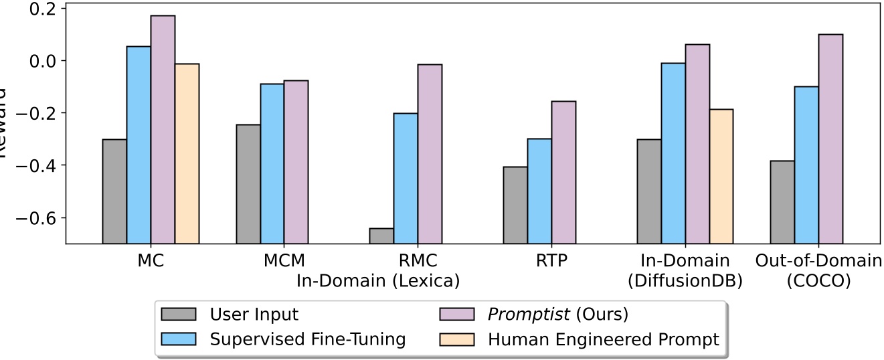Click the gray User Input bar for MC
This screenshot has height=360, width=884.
pos(114,191)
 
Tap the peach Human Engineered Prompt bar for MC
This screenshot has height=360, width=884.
pos(187,153)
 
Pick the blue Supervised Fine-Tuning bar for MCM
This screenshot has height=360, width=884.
pos(272,163)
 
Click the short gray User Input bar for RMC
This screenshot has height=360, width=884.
pos(381,236)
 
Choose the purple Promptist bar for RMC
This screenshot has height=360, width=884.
pos(430,154)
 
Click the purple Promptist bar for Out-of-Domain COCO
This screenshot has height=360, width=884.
pos(830,139)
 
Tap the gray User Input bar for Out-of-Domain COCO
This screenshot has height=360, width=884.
pos(782,202)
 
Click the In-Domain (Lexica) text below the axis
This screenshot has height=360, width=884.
pos(378,281)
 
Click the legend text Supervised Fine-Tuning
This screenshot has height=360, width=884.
pos(307,339)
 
